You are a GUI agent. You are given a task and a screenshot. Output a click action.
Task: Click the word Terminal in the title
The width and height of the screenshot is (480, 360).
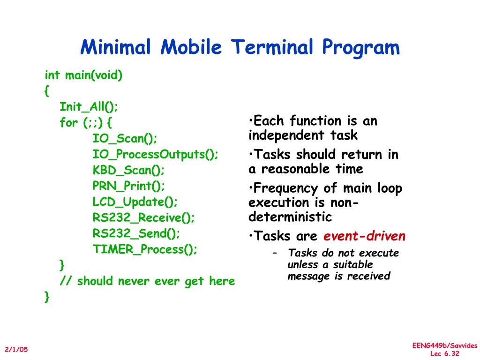272,47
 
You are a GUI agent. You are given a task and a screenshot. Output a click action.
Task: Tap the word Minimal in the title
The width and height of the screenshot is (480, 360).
116,47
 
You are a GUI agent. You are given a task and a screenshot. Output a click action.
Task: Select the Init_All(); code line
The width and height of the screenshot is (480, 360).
89,106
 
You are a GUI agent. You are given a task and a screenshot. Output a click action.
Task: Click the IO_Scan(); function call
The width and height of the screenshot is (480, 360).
125,138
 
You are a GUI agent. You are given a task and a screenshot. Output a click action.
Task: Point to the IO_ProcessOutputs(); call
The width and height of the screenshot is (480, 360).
156,154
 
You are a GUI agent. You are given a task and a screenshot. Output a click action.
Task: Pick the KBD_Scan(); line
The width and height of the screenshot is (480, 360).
128,170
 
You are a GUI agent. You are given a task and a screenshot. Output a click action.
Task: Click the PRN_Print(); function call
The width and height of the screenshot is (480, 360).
129,186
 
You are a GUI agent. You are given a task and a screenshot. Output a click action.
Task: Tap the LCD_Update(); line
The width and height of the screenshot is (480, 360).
135,202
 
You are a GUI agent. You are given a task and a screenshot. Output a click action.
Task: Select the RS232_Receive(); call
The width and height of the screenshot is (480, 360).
143,217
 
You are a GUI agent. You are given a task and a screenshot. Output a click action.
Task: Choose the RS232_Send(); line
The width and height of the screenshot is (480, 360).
136,233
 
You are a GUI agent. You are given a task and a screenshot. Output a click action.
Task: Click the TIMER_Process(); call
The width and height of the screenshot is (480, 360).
145,249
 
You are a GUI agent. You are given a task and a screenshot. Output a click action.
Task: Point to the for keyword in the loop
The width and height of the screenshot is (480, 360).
68,122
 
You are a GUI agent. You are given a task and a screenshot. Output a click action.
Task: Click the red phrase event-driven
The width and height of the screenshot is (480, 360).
364,236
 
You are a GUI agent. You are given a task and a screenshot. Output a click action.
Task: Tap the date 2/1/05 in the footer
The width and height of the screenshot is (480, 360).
16,349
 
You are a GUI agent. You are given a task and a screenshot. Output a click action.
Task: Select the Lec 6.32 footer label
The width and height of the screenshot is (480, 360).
444,353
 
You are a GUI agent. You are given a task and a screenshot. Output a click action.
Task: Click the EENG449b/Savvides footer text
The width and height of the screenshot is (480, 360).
445,345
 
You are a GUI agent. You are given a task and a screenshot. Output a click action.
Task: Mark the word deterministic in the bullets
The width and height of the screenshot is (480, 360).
290,217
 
